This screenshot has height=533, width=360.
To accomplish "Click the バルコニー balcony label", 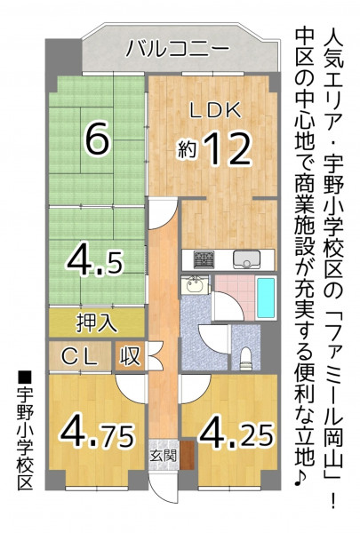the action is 177,49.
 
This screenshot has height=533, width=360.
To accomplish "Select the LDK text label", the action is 215,111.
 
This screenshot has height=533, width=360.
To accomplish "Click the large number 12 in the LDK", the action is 227,149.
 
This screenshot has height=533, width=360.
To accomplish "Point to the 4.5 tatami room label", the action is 95,261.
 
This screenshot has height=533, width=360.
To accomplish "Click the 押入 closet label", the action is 97,323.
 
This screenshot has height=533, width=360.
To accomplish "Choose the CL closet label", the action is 80,357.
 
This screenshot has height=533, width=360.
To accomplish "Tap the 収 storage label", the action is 130,356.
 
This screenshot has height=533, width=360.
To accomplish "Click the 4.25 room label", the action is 236,434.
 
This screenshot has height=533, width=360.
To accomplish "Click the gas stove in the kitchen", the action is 204,259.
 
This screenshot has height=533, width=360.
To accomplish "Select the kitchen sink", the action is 246,259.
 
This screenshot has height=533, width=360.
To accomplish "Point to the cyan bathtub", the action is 266,297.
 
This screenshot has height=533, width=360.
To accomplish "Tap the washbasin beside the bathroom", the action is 195,285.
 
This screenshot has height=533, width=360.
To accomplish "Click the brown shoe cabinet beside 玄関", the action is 187,455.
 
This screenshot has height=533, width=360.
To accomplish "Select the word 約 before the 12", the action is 188,151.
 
